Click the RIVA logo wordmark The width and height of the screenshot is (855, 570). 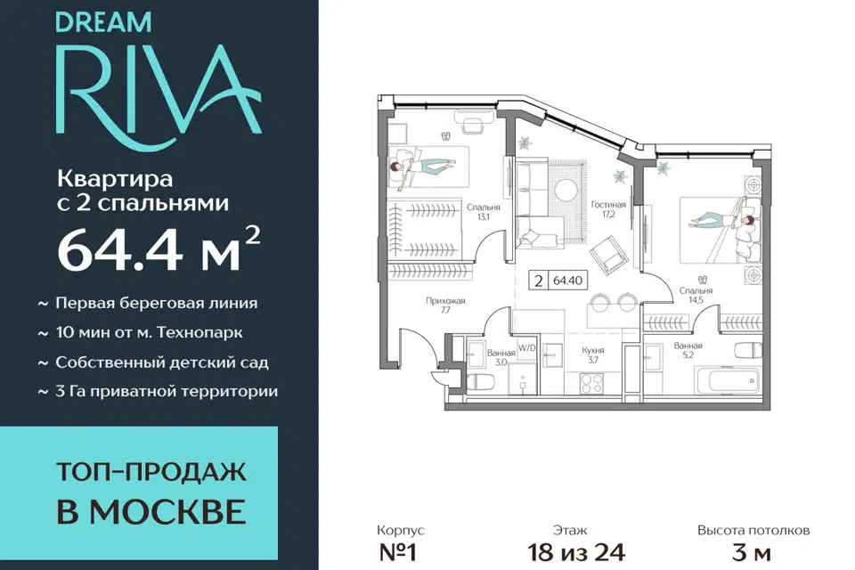point(159,91)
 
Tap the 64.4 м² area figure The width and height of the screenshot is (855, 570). point(159,248)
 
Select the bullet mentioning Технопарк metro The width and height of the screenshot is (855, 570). point(141,333)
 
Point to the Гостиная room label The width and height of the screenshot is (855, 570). point(608,205)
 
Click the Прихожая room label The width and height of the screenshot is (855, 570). point(445,300)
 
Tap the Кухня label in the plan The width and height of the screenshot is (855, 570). point(593,350)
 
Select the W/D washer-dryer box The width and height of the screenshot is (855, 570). point(526,348)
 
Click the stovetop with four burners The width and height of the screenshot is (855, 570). point(591,382)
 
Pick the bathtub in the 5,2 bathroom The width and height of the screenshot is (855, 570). point(727,379)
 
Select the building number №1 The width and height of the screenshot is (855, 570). point(397,552)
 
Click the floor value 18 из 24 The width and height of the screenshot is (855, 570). point(576,552)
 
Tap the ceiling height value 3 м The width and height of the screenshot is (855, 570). point(752,552)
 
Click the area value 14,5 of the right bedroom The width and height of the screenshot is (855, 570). point(696,299)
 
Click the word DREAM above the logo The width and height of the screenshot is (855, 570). point(103,22)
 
